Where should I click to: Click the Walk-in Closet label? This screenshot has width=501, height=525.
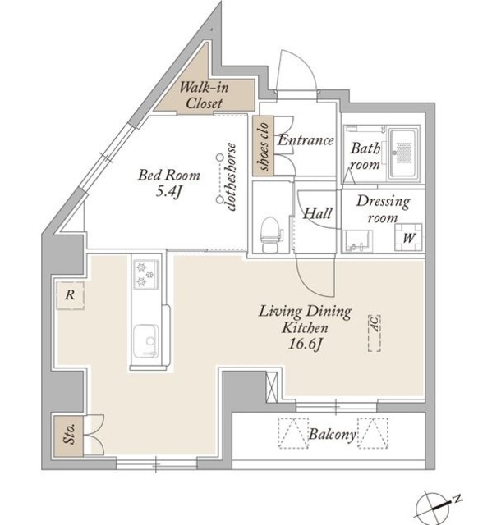click(204, 95)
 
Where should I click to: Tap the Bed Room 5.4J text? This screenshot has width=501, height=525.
click(169, 183)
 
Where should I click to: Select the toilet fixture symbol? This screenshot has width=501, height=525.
click(270, 235)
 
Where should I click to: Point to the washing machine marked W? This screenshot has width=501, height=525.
click(408, 237)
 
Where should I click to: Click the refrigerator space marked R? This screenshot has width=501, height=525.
click(70, 295)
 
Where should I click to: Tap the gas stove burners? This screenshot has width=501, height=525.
click(146, 275)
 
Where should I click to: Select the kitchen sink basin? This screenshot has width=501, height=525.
click(146, 341)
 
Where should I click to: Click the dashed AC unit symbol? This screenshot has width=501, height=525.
click(375, 333)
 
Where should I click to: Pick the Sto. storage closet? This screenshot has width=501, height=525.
click(68, 436)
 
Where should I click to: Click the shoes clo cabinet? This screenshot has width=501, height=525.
click(264, 146)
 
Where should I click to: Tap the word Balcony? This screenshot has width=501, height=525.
click(332, 435)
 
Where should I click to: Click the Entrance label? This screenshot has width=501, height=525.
click(306, 140)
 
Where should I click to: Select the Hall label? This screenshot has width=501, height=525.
click(318, 213)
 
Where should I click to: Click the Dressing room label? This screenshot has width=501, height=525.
click(383, 208)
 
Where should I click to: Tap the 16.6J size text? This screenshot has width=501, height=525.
click(306, 344)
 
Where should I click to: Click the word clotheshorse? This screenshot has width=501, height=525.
click(232, 177)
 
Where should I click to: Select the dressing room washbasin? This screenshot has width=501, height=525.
click(357, 241)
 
